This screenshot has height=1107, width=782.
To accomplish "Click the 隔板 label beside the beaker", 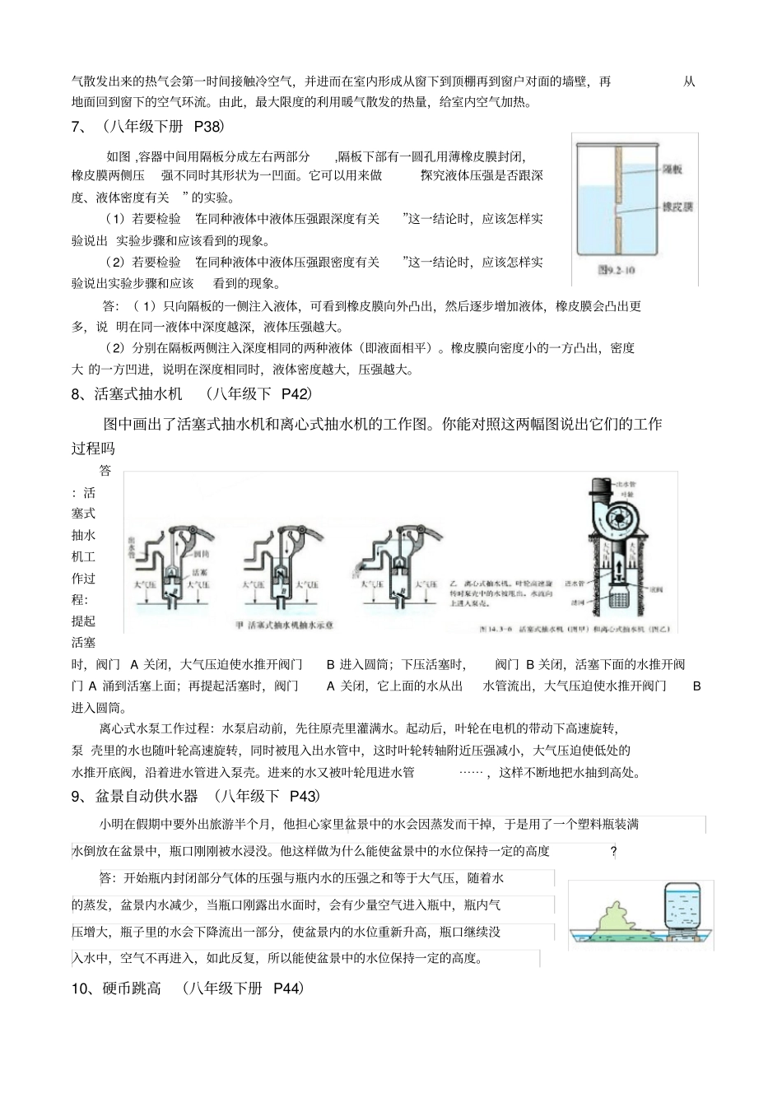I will pos(673,169).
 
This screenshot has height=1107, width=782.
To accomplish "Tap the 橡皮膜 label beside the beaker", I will pos(677,207).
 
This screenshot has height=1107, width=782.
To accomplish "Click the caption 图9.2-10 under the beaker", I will pos(617,269).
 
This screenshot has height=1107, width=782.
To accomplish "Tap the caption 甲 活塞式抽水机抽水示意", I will pos(285,625).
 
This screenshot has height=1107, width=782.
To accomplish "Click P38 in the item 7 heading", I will pos(208,127).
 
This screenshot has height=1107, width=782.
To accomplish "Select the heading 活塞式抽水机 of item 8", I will pos(138,394).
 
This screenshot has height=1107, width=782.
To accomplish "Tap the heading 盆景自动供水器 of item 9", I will pos(147,796).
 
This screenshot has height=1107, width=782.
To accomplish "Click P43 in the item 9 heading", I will pos(304,796).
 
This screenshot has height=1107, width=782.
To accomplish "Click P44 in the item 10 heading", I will pos(288,988).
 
